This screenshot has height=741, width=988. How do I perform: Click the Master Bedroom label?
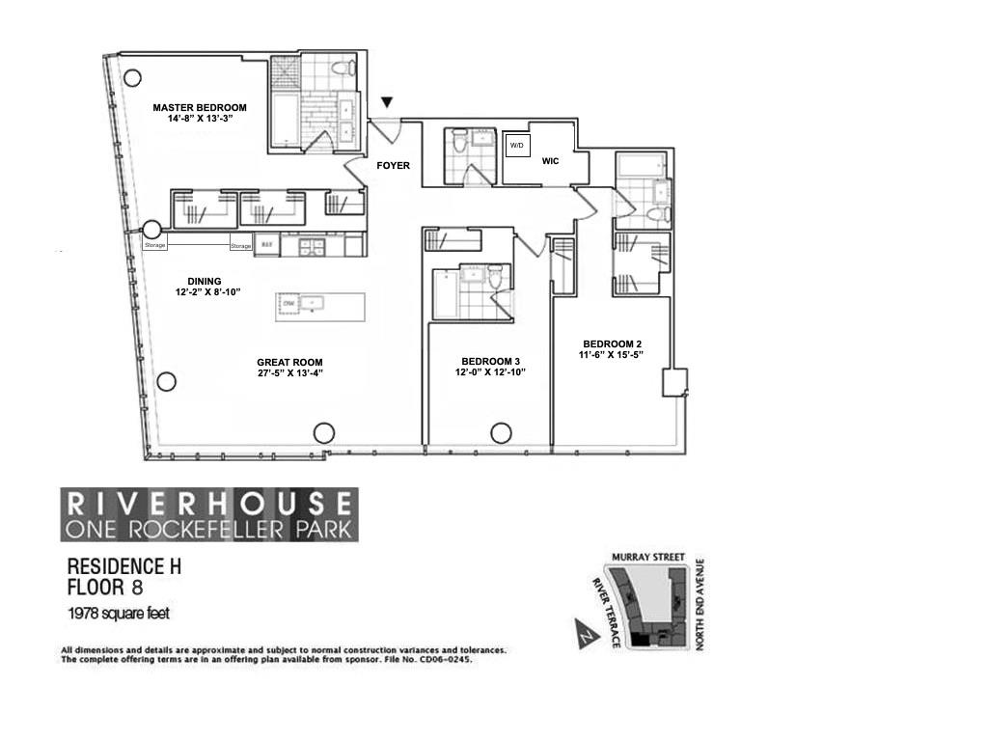(x=200, y=107)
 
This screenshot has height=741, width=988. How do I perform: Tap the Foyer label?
(x=393, y=166)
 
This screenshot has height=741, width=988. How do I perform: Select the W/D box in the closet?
(x=516, y=146)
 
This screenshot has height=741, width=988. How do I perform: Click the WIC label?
(x=550, y=161)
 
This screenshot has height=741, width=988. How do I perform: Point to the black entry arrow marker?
(x=388, y=102)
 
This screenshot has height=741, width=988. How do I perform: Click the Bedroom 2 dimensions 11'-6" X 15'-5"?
(x=612, y=355)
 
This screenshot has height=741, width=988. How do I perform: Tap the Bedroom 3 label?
(x=490, y=360)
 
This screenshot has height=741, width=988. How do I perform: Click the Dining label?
(x=205, y=282)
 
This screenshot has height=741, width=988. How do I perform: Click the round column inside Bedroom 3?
(x=501, y=433)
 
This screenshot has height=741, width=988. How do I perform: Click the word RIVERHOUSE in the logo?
(x=208, y=502)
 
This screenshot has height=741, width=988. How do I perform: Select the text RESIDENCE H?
(x=123, y=568)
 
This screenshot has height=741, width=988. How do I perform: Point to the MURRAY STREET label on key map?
(x=647, y=558)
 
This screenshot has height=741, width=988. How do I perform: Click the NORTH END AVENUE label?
(x=701, y=603)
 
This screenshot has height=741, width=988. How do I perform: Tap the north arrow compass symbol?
(x=585, y=635)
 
